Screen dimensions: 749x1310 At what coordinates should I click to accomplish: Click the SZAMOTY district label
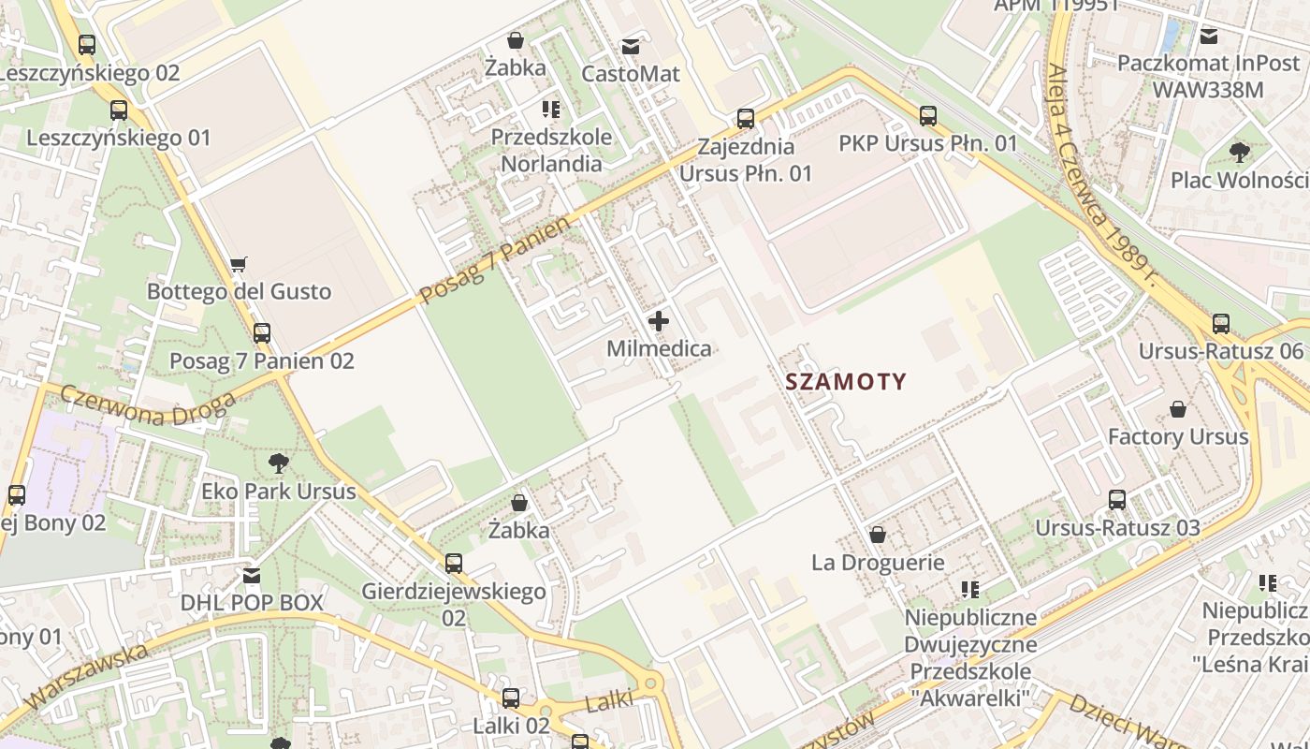click(x=846, y=382)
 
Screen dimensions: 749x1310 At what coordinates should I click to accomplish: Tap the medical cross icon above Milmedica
click(x=659, y=321)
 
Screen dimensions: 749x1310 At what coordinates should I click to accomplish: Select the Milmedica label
click(x=659, y=349)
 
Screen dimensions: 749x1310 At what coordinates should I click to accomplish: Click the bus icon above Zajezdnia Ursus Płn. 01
click(x=746, y=119)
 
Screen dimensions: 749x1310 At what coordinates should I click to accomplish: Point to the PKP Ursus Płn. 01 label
click(x=927, y=143)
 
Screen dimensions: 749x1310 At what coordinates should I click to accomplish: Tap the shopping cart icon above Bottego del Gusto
click(x=239, y=264)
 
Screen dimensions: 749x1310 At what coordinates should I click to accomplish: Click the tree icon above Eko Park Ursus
click(x=279, y=463)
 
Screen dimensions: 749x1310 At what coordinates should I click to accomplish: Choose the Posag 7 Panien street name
click(x=494, y=261)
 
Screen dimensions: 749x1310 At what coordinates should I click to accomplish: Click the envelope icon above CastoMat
click(x=631, y=46)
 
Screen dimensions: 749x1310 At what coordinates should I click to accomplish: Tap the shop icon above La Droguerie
click(x=878, y=535)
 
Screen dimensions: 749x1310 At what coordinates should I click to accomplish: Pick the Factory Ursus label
click(x=1177, y=437)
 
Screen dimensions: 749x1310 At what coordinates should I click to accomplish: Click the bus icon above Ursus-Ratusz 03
click(x=1117, y=500)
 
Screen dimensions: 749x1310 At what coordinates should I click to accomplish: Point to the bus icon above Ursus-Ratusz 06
click(x=1221, y=324)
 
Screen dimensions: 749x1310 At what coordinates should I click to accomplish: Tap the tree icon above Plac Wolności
click(x=1240, y=152)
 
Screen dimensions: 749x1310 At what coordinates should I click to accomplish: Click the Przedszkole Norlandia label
click(x=551, y=150)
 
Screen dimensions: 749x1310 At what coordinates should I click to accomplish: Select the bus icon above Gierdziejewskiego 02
click(x=454, y=564)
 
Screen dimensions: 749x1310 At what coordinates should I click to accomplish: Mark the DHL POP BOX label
click(x=252, y=602)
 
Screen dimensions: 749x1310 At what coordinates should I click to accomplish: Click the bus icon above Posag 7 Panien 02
click(x=262, y=333)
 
